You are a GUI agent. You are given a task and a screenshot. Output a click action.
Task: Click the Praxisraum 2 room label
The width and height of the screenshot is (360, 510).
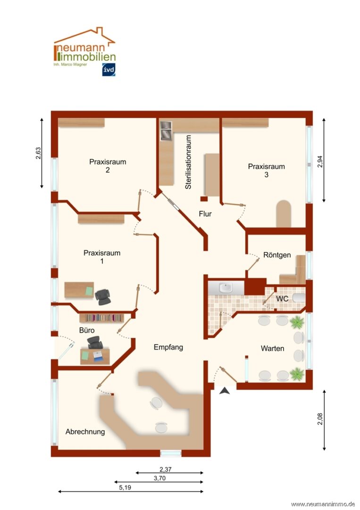pyautogui.click(x=108, y=166)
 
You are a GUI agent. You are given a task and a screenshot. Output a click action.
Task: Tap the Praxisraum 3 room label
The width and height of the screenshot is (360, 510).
pyautogui.click(x=267, y=170)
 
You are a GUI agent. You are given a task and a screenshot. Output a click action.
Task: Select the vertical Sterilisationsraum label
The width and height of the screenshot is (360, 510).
pyautogui.click(x=188, y=162)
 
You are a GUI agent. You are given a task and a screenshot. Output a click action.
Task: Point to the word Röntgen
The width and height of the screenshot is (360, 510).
pyautogui.click(x=277, y=255)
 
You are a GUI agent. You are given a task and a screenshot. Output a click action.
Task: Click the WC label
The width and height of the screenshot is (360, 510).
pyautogui.click(x=282, y=298)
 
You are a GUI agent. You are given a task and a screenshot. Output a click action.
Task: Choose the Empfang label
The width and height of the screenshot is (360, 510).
pyautogui.click(x=168, y=348)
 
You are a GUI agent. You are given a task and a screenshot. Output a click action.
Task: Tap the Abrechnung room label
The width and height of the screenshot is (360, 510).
pyautogui.click(x=85, y=432)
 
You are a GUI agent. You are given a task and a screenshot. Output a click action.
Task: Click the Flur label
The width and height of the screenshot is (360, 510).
pyautogui.click(x=205, y=214)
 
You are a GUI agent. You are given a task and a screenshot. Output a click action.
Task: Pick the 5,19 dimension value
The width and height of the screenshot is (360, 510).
pyautogui.click(x=125, y=487)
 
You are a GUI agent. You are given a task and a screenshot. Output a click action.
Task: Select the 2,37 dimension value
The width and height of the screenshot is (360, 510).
pyautogui.click(x=166, y=469)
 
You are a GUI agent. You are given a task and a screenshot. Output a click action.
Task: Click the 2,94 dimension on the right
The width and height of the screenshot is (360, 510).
pyautogui.click(x=320, y=161)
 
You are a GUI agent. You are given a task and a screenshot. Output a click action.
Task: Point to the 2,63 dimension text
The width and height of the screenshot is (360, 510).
pyautogui.click(x=38, y=153)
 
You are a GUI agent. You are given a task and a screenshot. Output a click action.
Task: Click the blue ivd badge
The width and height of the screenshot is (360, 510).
pyautogui.click(x=109, y=69)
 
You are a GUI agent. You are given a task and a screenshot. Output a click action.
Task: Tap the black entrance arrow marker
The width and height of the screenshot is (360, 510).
pyautogui.click(x=225, y=391)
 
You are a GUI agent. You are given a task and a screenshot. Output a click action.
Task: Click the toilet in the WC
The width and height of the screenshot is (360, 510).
pyautogui.click(x=299, y=297)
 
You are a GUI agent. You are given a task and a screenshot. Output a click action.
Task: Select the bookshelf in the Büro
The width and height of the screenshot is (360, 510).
pyautogui.click(x=102, y=318)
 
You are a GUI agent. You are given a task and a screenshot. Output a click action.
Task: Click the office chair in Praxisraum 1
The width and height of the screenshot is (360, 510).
pyautogui.click(x=103, y=297)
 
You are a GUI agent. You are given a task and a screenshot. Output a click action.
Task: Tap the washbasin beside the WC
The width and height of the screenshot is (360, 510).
pyautogui.click(x=226, y=288)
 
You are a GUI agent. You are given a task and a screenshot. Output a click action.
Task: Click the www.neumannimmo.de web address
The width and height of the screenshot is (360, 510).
pyautogui.click(x=323, y=504)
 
